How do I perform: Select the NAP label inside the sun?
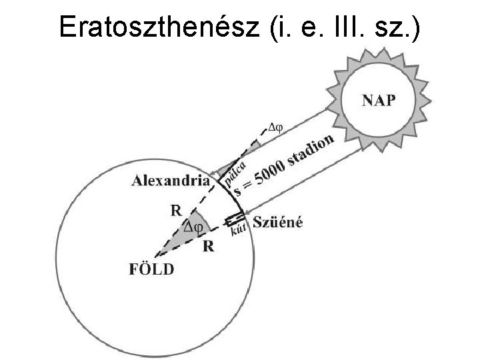[378, 101]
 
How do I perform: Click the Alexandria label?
[171, 180]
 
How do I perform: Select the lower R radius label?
[209, 246]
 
